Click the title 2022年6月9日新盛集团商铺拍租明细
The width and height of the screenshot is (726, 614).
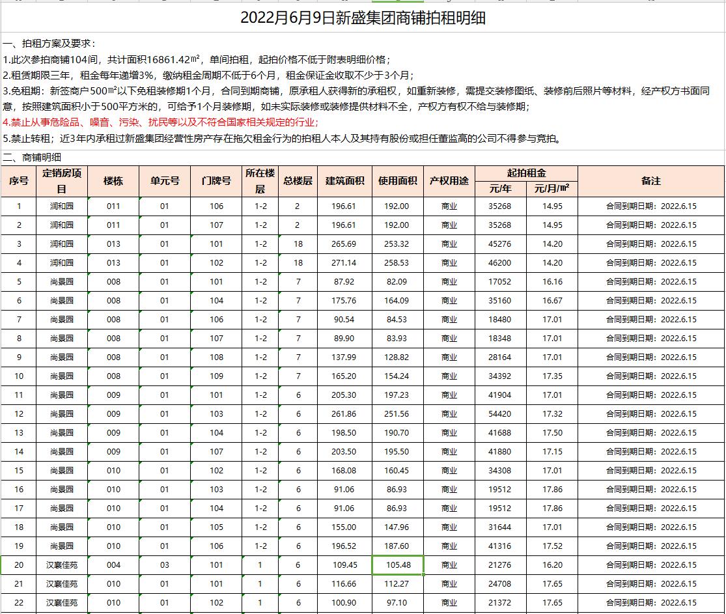point(363,18)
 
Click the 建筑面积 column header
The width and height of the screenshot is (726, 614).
point(344,181)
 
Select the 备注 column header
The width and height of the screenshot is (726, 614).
point(650,181)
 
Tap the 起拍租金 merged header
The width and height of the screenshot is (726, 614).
point(526,173)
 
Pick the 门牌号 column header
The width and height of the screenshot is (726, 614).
point(216,181)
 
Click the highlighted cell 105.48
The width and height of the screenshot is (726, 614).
point(397,565)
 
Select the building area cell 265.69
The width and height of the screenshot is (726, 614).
point(344,244)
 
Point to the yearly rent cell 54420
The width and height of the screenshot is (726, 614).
point(500,414)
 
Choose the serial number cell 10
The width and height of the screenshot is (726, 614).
point(19,376)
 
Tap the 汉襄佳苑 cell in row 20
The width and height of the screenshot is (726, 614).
point(62,565)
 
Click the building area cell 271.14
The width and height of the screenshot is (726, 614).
point(344,263)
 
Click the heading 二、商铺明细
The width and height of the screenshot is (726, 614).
point(33,157)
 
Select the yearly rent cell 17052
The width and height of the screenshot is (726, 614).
point(500,282)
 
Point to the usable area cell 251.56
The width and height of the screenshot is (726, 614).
point(397,414)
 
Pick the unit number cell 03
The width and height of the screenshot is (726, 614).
point(165,565)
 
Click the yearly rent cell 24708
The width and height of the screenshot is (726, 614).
point(500,584)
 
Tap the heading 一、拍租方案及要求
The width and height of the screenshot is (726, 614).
point(49,44)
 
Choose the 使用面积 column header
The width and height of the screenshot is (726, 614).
point(397,181)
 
